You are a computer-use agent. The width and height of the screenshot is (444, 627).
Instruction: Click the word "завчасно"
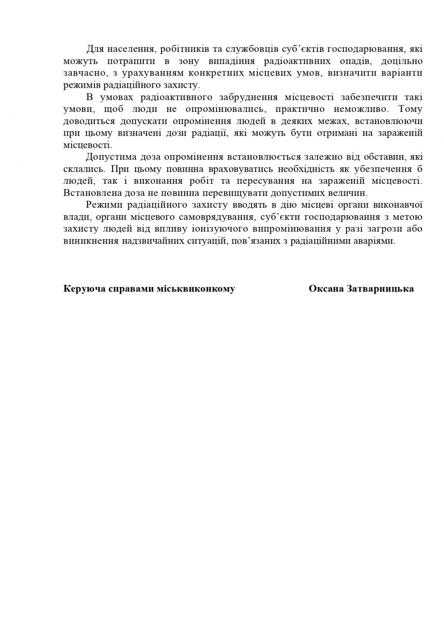[82, 73]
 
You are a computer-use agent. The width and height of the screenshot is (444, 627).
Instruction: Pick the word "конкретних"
[213, 73]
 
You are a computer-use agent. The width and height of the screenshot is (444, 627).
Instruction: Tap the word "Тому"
[410, 109]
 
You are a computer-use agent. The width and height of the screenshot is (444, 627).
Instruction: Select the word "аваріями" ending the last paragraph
[377, 241]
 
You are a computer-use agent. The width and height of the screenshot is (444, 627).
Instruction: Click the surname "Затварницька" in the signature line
[380, 289]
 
